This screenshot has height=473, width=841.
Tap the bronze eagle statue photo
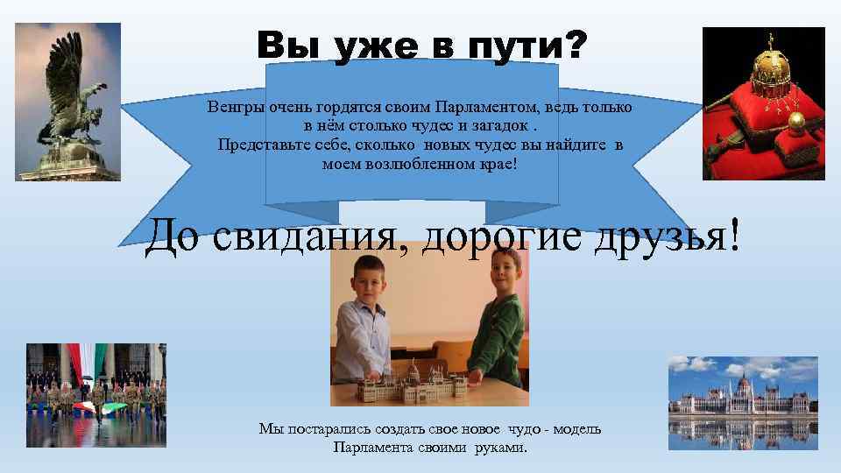67,102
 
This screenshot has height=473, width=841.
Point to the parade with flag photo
95,394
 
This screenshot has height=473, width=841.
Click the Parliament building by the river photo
742,402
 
